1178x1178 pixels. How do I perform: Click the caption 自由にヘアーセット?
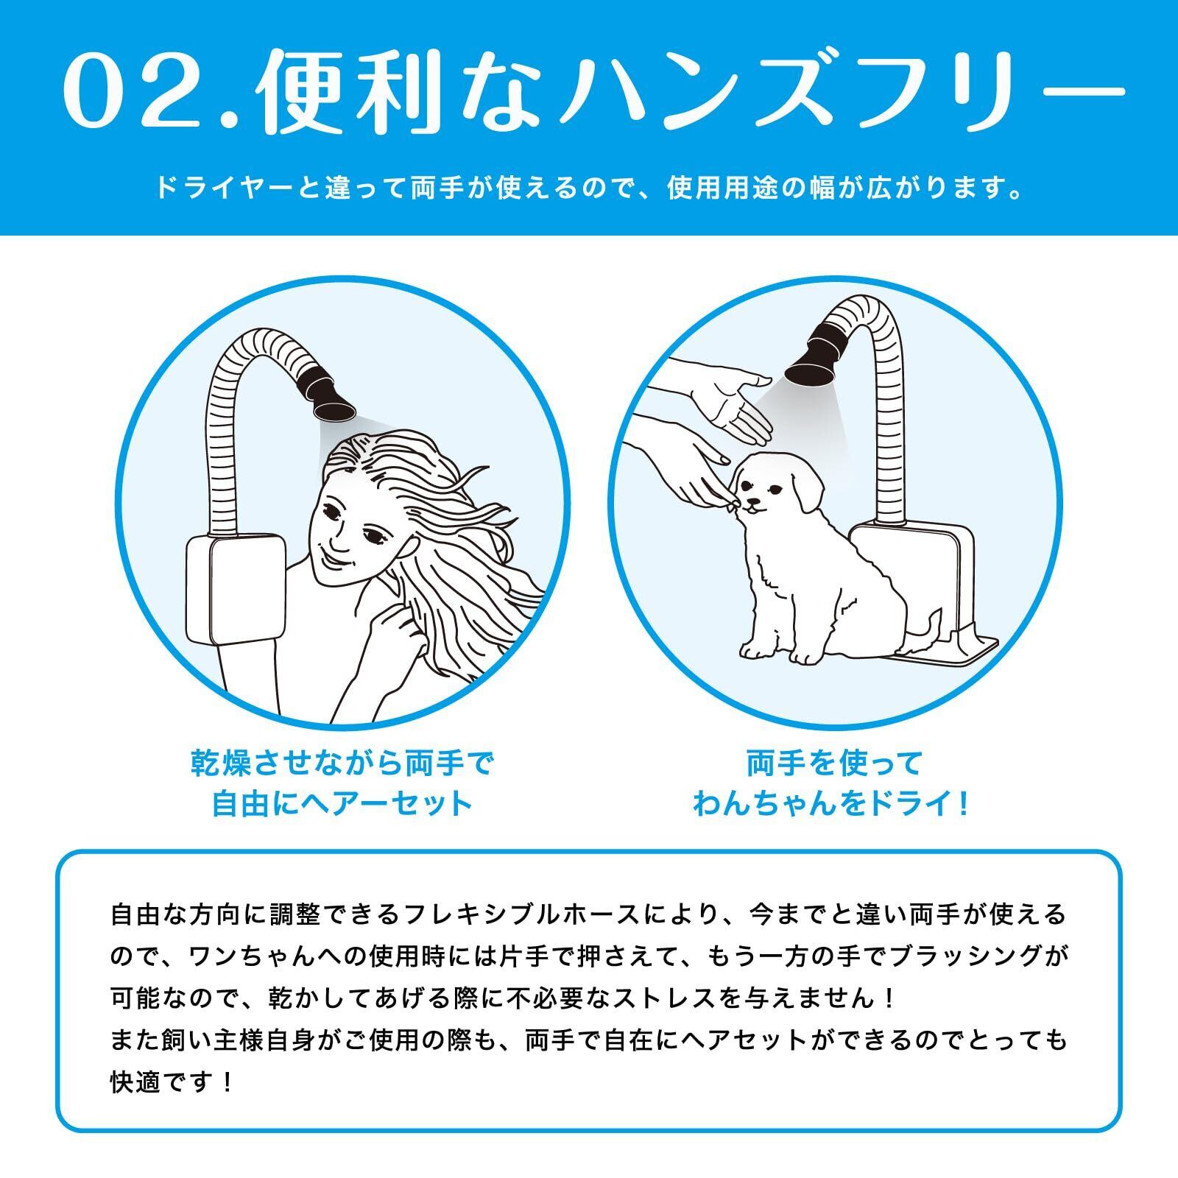point(342,803)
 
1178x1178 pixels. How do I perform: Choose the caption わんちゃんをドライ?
point(833,803)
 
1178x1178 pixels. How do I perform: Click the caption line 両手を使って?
point(834,763)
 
